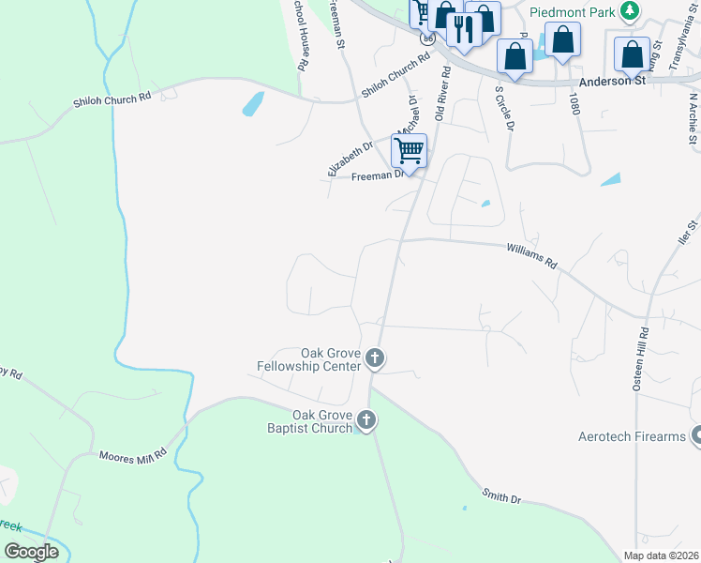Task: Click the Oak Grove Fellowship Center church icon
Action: (375, 358)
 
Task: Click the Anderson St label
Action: (613, 82)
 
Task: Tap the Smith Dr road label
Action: (501, 496)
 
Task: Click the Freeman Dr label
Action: (378, 174)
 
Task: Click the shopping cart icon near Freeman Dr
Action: (409, 150)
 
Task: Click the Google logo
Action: (31, 552)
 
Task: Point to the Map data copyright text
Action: (661, 555)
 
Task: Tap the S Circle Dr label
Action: (504, 110)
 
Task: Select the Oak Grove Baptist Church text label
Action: (321, 421)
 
